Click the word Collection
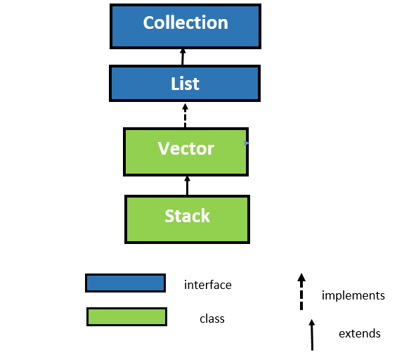click(x=186, y=22)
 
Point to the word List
click(x=186, y=84)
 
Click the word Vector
click(x=186, y=148)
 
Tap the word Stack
click(x=187, y=216)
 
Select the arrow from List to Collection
click(x=183, y=56)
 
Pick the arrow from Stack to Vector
click(x=187, y=186)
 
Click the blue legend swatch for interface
click(x=125, y=283)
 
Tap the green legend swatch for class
click(x=126, y=317)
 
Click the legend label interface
click(x=207, y=285)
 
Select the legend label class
click(x=211, y=319)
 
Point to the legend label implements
click(x=353, y=295)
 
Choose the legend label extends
click(x=359, y=333)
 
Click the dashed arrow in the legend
click(x=301, y=292)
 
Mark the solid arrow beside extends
click(x=311, y=334)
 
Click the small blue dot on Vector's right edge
click(x=246, y=143)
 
